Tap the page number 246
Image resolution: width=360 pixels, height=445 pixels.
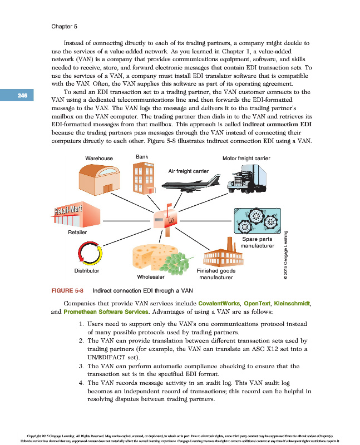[x=22, y=95]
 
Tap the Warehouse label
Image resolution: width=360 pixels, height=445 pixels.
[x=99, y=159]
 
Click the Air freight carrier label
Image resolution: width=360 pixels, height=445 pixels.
[x=188, y=171]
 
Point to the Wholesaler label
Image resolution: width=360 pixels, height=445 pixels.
[x=150, y=277]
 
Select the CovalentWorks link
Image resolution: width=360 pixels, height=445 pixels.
[x=220, y=303]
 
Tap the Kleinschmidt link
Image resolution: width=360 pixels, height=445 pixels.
[x=292, y=303]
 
